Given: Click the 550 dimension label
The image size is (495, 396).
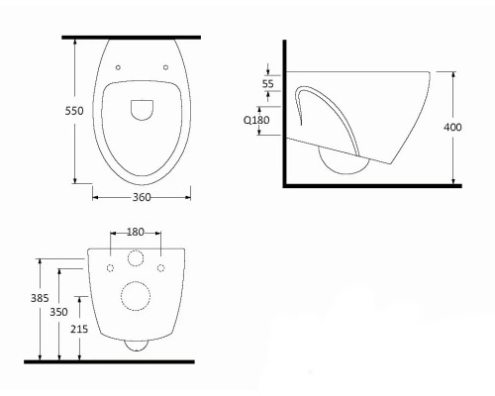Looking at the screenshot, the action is point(74,111).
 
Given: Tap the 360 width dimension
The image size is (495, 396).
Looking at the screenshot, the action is point(142,197).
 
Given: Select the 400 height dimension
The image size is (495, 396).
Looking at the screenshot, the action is point(452,127).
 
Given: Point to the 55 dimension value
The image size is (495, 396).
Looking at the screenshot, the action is point(268,83).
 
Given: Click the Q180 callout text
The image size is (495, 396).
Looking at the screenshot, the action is point(256,120).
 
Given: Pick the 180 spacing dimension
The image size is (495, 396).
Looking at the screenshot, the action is point(136,233).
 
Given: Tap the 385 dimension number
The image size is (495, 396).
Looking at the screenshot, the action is point(40,298).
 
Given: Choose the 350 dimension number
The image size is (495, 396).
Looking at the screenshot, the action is point(58,312).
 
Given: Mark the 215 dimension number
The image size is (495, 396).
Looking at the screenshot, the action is point(79,329).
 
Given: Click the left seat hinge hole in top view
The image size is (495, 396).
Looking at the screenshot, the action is point(118,67).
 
